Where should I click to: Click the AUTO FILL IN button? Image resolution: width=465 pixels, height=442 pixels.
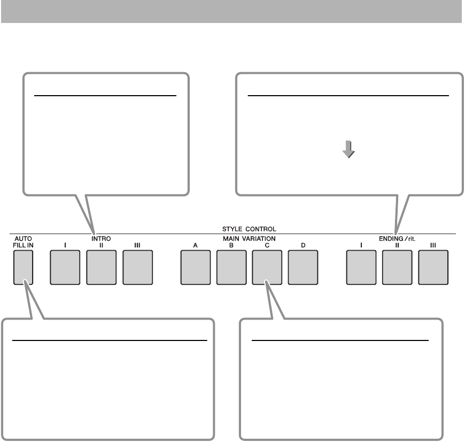(24, 268)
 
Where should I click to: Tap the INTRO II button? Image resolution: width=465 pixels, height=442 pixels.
(101, 268)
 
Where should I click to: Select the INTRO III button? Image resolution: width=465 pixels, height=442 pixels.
(137, 268)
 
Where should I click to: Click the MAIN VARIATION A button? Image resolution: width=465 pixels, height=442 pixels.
(196, 268)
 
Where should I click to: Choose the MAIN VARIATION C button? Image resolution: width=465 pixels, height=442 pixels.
(267, 268)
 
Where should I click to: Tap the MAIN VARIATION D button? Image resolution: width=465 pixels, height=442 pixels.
(303, 268)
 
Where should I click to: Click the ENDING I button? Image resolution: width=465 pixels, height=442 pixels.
(361, 268)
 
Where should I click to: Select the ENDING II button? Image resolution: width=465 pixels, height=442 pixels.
(397, 268)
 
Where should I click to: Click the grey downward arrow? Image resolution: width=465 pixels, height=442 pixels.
(348, 150)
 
